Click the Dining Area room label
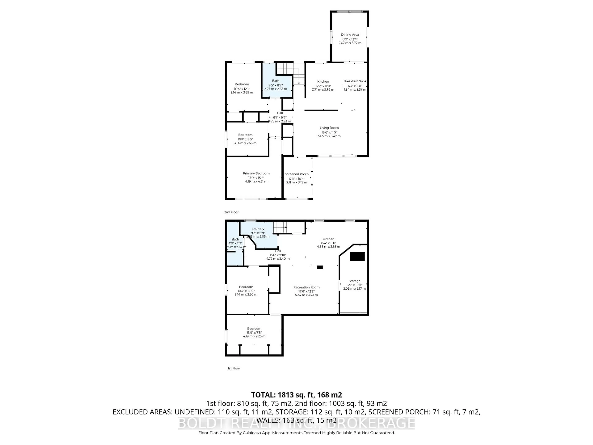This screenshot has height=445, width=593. [x=350, y=35]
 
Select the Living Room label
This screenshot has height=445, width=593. [x=329, y=128]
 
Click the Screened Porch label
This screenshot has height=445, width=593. [x=296, y=174]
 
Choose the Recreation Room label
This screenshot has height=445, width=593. [x=306, y=287]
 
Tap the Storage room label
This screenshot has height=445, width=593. [x=354, y=281]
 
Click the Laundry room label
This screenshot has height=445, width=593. [x=258, y=229]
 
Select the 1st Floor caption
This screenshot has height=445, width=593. [x=234, y=368]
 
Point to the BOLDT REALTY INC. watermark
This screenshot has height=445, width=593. [x=296, y=423]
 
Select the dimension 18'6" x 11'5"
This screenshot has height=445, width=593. [x=329, y=132]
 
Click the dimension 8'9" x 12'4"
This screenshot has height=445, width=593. [x=350, y=39]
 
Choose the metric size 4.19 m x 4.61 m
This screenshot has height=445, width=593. [x=256, y=182]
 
